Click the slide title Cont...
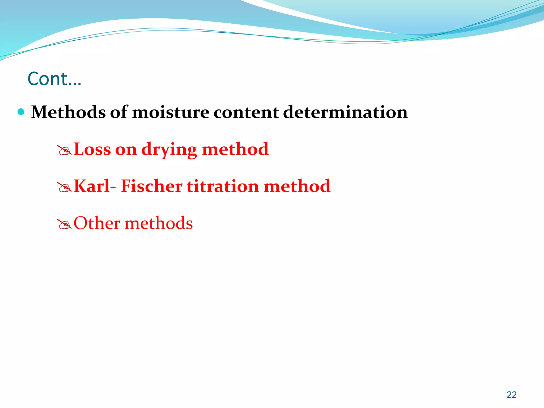pos(54,79)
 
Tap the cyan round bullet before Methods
pos(21,112)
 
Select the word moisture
pos(171,112)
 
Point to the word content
pos(246,112)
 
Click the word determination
pos(345,112)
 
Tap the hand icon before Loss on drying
pos(65,151)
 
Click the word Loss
pos(92,149)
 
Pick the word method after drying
pos(235,149)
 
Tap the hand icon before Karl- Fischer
pos(65,188)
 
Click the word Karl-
pos(95,186)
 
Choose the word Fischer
pos(152,186)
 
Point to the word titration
pos(223,186)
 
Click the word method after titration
pos(297,186)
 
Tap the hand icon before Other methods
pos(65,225)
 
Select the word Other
pos(97,223)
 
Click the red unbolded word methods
pos(159,223)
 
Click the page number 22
pos(512,395)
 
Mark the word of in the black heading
pos(119,112)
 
